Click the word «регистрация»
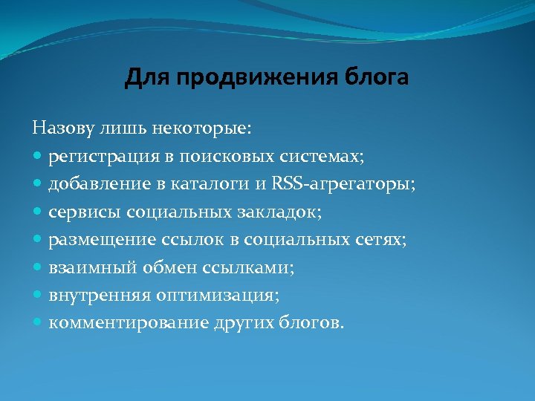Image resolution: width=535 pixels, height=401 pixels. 97,157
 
